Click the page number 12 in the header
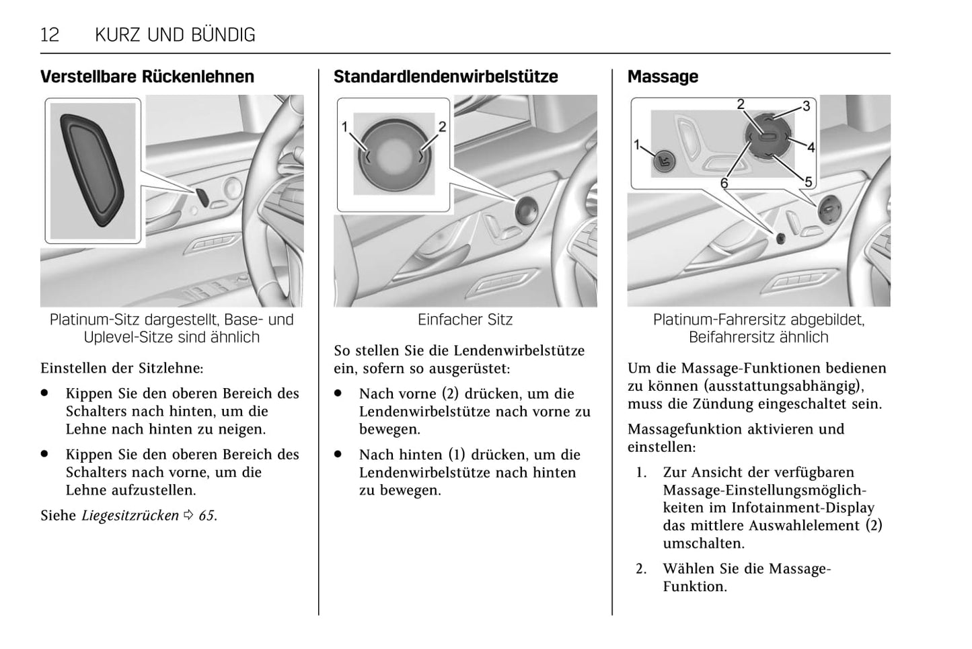(50, 34)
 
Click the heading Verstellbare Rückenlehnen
(147, 77)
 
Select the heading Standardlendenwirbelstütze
(445, 77)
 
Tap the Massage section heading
(663, 77)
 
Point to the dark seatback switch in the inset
(92, 169)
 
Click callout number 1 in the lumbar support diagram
(344, 126)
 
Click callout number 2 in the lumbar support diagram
(442, 126)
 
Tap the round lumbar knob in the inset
(393, 155)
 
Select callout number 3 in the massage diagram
(806, 106)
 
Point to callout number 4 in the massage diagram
(811, 147)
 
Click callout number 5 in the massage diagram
(808, 181)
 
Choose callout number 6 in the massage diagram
(724, 183)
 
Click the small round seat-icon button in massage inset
(664, 161)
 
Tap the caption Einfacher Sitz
(465, 319)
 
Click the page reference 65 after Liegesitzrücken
(206, 516)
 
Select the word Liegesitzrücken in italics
(130, 516)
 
